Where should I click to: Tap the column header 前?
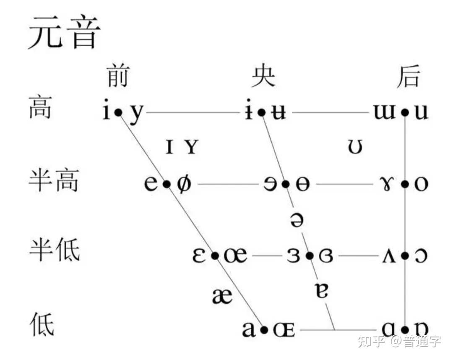pos(117,76)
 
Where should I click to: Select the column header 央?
pos(263,76)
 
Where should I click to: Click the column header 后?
pos(408,76)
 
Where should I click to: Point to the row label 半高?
pos(54,181)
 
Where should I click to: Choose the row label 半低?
pos(54,250)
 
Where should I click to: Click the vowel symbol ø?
pos(183,184)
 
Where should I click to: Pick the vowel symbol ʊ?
pos(355,147)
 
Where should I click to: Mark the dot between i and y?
pos(119,112)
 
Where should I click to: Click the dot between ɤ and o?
pos(405,184)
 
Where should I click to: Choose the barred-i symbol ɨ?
pos(249,112)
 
